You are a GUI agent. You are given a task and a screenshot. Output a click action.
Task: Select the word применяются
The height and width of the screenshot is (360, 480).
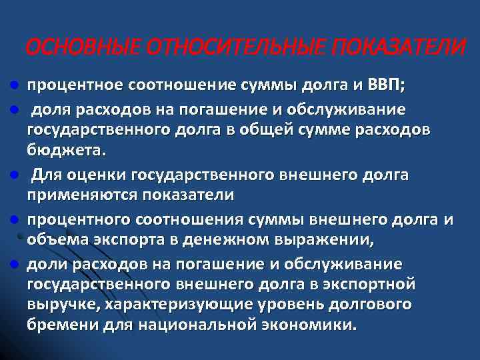pos(73,195)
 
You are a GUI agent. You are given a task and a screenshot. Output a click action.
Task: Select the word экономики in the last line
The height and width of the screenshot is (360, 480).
pos(314,325)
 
